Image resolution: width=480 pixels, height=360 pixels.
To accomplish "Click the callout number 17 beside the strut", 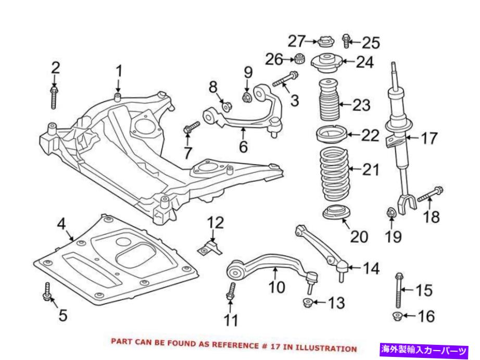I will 430,139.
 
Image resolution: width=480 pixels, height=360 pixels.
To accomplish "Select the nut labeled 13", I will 308,302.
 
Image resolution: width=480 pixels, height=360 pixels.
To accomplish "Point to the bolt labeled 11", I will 230,292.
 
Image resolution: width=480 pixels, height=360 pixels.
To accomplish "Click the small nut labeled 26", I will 300,57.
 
